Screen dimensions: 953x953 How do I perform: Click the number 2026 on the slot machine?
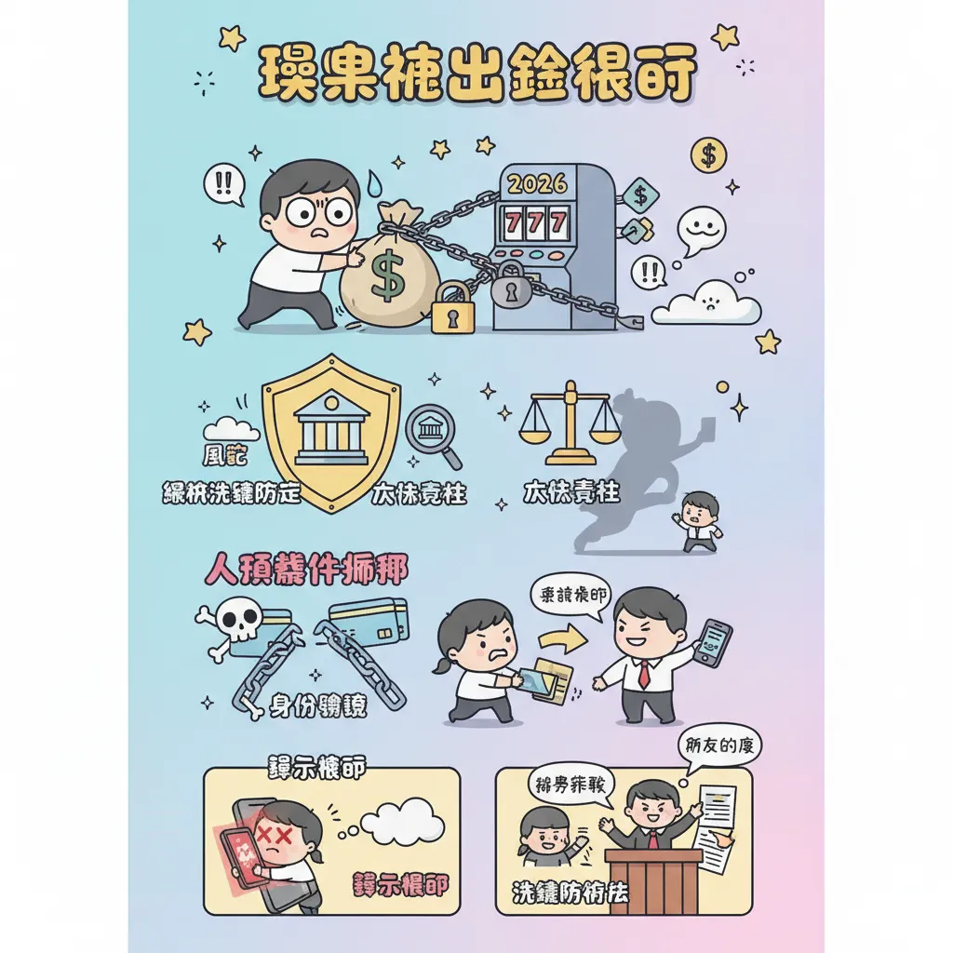point(537,183)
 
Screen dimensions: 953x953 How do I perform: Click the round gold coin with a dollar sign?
point(708,154)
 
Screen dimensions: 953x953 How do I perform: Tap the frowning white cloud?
point(706,303)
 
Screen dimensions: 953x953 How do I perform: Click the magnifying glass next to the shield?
point(434,433)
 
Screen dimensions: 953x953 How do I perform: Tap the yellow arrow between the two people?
point(562,640)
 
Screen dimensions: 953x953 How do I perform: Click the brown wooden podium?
point(652,880)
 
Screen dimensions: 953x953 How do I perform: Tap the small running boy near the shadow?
point(698,521)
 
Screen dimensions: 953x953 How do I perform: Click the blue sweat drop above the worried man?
point(374,181)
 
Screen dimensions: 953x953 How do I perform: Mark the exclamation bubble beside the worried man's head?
point(223,181)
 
